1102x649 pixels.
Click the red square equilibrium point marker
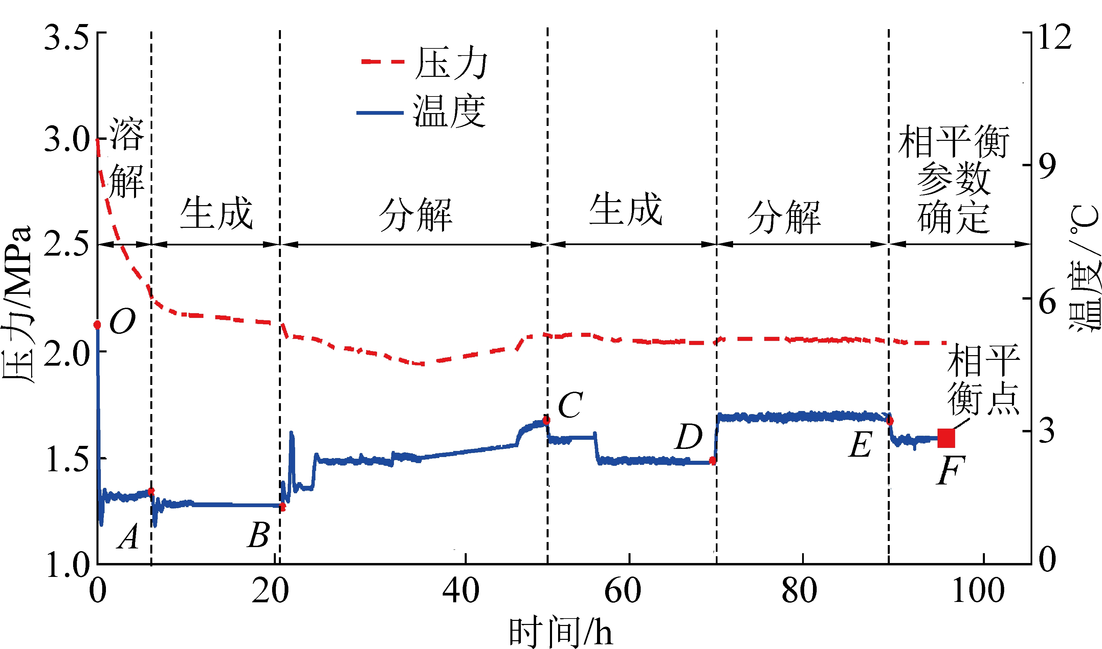pos(946,438)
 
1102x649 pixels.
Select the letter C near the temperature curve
pos(570,405)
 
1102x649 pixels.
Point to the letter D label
pos(689,437)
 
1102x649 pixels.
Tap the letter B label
pos(259,535)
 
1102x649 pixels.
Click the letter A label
pos(129,536)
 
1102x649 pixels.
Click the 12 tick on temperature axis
pos(1054,37)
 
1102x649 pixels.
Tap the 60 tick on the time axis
pos(623,591)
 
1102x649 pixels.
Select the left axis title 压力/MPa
pos(18,304)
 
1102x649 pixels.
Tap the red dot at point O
pos(97,324)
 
